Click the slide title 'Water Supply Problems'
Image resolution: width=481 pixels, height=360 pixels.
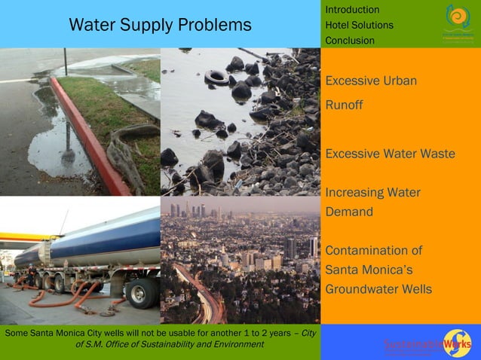[160, 25]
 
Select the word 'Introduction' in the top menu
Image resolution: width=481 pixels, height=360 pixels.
[352, 9]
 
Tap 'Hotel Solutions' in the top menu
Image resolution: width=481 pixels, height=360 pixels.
[359, 25]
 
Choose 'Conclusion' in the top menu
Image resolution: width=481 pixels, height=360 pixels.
[350, 41]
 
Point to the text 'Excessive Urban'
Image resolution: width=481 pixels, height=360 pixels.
[371, 81]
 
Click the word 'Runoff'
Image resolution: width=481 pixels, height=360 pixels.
[344, 105]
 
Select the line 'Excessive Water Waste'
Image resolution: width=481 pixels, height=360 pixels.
[390, 154]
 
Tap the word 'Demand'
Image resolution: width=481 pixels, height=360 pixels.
[349, 212]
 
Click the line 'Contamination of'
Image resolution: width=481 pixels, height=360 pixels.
[374, 250]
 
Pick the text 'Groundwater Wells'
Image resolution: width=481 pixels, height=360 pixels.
[378, 288]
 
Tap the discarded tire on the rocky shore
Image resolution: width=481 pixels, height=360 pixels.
[216, 77]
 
